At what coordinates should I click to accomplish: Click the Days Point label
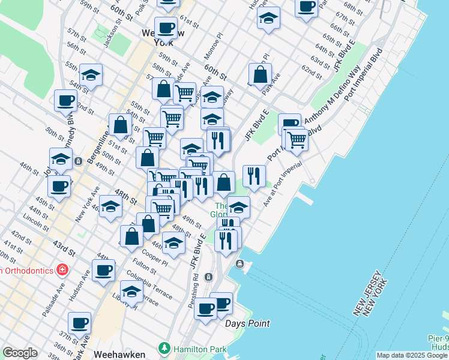pyautogui.click(x=247, y=323)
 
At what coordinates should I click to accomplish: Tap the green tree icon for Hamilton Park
pyautogui.click(x=163, y=347)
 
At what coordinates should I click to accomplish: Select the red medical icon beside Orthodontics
pyautogui.click(x=61, y=270)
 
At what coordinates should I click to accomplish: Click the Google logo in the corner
pyautogui.click(x=20, y=353)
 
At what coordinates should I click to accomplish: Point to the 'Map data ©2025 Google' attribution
pyautogui.click(x=412, y=355)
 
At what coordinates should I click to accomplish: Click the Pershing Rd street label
pyautogui.click(x=193, y=291)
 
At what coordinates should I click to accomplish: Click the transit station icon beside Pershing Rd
pyautogui.click(x=208, y=277)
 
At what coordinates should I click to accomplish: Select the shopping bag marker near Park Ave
pyautogui.click(x=261, y=75)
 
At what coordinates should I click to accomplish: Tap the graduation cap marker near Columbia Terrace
pyautogui.click(x=131, y=291)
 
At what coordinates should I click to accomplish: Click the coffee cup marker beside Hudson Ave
pyautogui.click(x=103, y=269)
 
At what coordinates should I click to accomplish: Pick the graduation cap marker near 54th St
pyautogui.click(x=91, y=74)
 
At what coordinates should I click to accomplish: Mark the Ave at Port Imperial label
pyautogui.click(x=283, y=186)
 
